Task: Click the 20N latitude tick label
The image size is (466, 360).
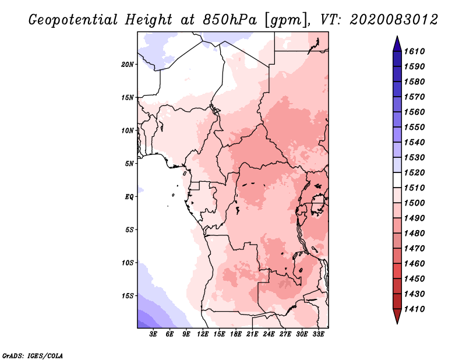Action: (x=128, y=64)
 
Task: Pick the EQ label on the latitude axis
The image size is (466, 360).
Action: (x=129, y=196)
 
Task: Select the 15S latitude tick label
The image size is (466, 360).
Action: (x=128, y=295)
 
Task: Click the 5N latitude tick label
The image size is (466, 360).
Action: (x=129, y=163)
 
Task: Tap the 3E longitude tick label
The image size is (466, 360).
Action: (x=154, y=334)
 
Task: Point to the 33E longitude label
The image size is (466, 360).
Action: (x=318, y=334)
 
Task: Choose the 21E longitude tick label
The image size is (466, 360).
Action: (x=252, y=334)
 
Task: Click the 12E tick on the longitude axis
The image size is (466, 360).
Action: (x=203, y=334)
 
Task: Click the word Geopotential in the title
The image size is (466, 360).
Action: (x=75, y=19)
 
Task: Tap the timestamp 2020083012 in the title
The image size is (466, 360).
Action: (x=393, y=19)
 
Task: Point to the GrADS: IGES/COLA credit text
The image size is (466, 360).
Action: (x=33, y=355)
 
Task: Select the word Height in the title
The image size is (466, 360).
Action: (x=149, y=19)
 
